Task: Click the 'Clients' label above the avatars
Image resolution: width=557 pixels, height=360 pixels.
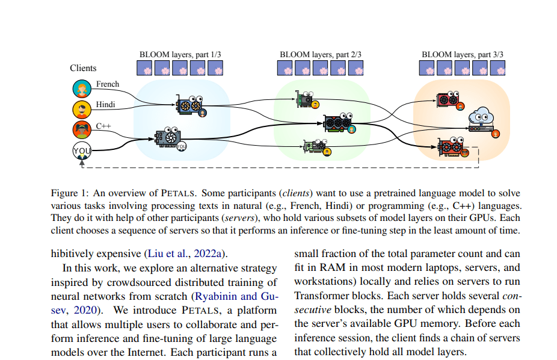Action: coord(83,68)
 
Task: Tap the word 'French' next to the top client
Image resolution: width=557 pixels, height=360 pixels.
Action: coord(108,84)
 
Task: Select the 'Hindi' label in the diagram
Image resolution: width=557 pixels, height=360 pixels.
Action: coord(106,105)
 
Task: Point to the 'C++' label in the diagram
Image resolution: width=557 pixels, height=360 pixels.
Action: coord(104,126)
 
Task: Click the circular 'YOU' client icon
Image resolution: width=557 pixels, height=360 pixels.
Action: coord(81,150)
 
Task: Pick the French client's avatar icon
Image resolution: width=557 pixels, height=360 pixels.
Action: coord(81,89)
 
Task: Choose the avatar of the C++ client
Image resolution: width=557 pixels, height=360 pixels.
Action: coord(81,129)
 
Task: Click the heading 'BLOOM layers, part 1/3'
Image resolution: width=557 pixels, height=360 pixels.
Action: coord(180,54)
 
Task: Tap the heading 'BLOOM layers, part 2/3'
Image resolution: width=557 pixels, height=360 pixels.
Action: coord(321,54)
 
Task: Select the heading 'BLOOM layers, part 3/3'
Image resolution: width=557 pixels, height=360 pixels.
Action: coord(463,54)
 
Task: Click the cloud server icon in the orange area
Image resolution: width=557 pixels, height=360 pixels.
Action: coord(481,115)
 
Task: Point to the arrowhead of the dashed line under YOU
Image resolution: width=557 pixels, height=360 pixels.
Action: coord(81,163)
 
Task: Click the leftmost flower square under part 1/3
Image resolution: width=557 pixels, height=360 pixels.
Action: coord(144,68)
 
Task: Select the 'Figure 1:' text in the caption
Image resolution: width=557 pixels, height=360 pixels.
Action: coord(70,193)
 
